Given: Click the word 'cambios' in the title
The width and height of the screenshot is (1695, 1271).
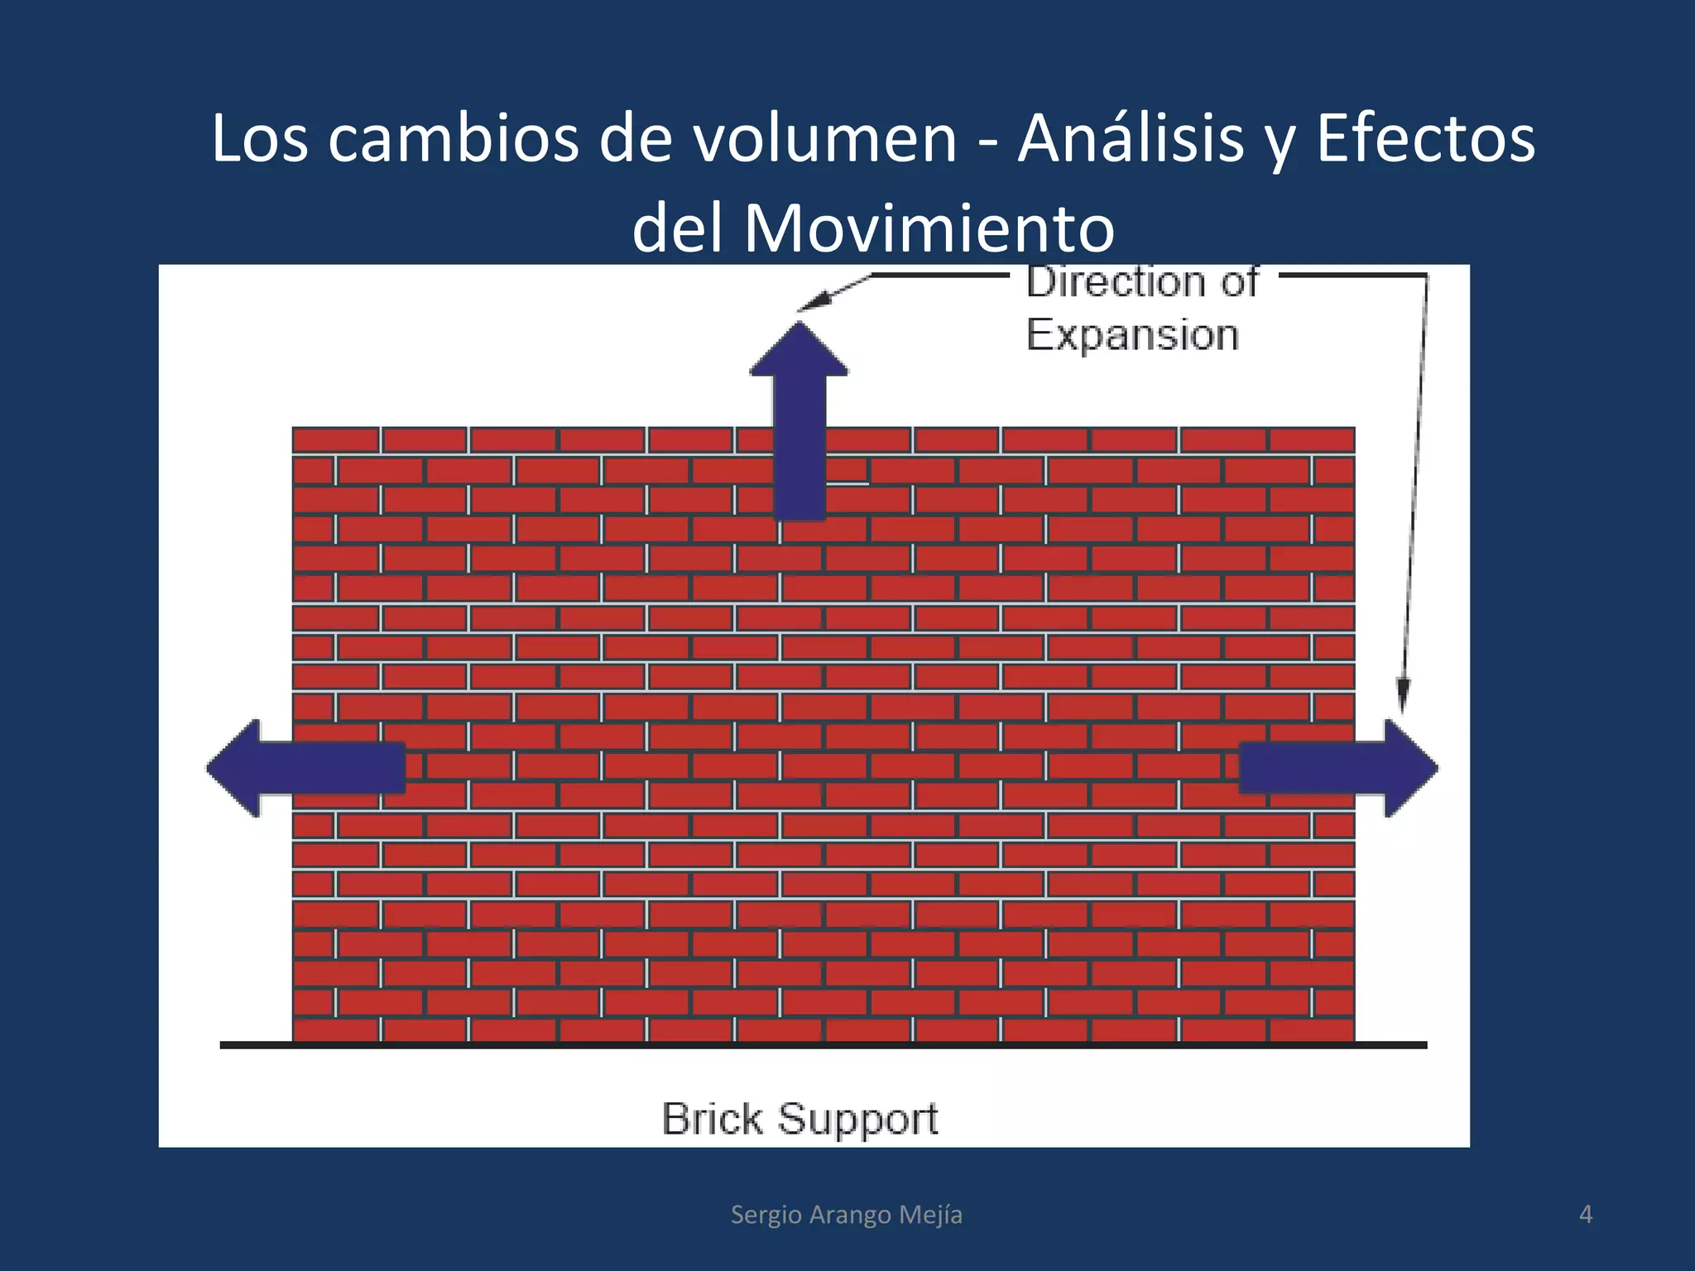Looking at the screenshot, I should point(454,138).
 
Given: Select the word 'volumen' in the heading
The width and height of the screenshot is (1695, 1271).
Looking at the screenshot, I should point(825,138).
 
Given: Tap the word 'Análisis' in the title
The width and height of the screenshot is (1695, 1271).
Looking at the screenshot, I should point(1131,138).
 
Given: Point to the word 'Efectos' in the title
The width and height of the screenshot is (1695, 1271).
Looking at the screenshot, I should point(1425,138).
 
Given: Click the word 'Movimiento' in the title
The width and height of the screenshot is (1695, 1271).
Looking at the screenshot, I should point(929,228).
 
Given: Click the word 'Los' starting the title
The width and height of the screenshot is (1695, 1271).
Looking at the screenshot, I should point(260,138).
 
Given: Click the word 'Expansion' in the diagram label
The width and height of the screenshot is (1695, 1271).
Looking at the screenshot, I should point(1132,335).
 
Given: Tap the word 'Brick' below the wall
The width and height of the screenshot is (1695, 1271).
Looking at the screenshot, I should point(712,1119).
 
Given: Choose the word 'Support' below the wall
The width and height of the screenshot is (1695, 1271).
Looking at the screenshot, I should point(857,1119).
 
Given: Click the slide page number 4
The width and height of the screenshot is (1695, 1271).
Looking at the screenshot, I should point(1585,1214).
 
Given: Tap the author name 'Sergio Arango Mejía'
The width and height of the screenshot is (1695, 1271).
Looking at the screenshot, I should point(846,1214).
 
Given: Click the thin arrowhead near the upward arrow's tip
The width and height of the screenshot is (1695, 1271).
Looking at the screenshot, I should point(813,302).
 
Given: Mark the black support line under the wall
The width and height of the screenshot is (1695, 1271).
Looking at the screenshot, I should point(823,1045).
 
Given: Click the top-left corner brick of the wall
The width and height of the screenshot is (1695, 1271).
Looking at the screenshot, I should point(335,439).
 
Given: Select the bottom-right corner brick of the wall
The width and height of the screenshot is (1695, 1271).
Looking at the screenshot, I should point(1312,1030).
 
